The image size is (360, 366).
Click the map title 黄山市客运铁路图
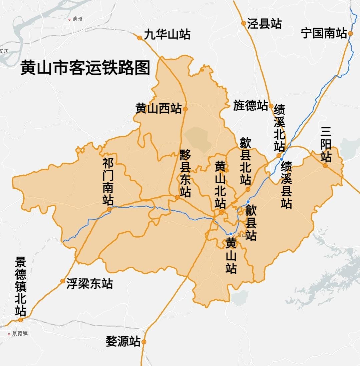pos(85,68)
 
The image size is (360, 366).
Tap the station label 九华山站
pos(167,34)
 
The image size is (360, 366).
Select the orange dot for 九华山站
pos(140,38)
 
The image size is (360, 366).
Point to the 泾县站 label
pos(264,24)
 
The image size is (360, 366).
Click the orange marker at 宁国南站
pos(350,33)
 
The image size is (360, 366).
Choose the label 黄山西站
pos(158,108)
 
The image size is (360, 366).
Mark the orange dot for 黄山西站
pos(186,109)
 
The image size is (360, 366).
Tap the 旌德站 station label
pos(251,105)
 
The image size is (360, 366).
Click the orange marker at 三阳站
pos(325,165)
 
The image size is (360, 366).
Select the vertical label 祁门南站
pos(108,182)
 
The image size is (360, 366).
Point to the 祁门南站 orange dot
pos(109,209)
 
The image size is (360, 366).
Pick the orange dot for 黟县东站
pos(177,197)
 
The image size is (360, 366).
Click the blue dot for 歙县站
pos(248,202)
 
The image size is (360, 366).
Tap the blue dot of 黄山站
pos(231,234)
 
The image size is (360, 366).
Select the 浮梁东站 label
pos(89,284)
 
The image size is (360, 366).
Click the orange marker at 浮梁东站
pos(63,281)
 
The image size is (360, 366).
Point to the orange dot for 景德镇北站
pos(21,320)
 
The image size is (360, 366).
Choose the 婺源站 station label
pos(123,341)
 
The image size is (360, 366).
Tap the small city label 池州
pos(77,19)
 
